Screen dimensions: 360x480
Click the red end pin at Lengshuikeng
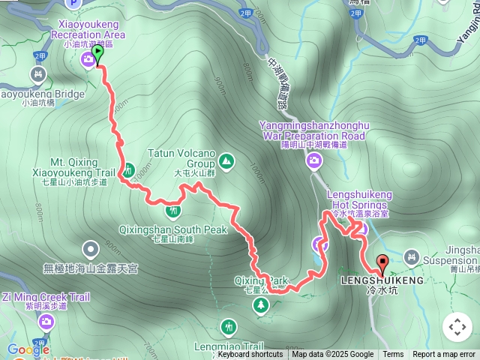(x=382, y=264)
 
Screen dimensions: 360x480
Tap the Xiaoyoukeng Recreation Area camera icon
(x=88, y=59)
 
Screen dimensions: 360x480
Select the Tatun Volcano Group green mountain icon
(x=226, y=160)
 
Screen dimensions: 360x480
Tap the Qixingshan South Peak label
(x=172, y=229)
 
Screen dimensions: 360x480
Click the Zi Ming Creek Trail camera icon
(x=46, y=322)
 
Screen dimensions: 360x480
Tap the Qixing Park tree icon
(x=260, y=304)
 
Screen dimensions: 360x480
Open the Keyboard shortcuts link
(x=250, y=355)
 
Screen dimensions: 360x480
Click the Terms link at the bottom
(x=393, y=355)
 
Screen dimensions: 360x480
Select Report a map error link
(x=445, y=355)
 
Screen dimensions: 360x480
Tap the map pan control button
(x=457, y=327)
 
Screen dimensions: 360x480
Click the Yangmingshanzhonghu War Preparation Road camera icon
(x=314, y=160)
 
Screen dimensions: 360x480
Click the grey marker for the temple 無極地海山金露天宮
(x=91, y=247)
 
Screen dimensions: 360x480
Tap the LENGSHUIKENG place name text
(x=382, y=280)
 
